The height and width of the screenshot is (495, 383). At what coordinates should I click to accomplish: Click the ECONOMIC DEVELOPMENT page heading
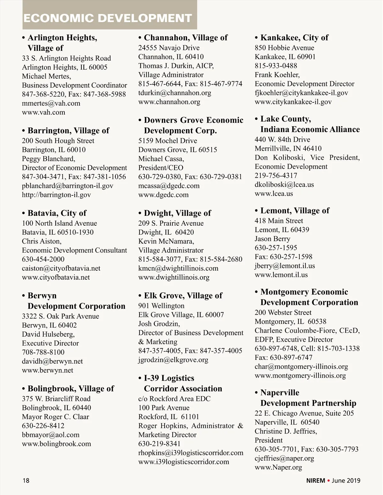coord(108,18)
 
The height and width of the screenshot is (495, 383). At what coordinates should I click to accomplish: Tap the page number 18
coord(26,480)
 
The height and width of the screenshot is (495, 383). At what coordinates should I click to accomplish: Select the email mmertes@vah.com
coord(51,103)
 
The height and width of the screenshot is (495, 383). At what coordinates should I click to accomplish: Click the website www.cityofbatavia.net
coord(56,277)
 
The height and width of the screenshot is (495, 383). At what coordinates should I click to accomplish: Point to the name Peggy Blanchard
coord(48,159)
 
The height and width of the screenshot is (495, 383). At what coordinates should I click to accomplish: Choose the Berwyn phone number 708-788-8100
coord(43,352)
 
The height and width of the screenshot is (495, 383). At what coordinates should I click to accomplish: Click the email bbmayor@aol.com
coord(50,435)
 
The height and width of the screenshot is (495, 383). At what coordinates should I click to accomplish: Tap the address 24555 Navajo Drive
coord(169,48)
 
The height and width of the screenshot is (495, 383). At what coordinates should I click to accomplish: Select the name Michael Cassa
coord(161,159)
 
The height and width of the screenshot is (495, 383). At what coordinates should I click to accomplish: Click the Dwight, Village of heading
coord(177,213)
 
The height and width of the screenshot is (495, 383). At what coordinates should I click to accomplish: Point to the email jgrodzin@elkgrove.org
coord(173,360)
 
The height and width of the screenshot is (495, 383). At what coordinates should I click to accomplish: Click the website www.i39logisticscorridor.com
coord(184,462)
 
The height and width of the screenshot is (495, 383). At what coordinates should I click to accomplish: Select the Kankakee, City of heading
coord(294,38)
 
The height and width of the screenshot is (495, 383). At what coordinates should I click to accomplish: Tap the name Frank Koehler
coord(277,75)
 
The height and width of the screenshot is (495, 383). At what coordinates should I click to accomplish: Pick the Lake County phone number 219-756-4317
coord(276,176)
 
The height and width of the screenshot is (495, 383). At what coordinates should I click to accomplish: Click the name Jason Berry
coord(272,239)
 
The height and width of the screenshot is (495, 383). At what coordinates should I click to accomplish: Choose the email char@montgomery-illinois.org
coord(301,367)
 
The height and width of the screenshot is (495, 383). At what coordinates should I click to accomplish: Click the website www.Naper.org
coord(278,468)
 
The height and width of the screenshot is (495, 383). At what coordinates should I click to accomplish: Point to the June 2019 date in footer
coord(346,480)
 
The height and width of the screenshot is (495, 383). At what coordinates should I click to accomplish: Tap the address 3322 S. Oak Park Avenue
coord(60,316)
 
